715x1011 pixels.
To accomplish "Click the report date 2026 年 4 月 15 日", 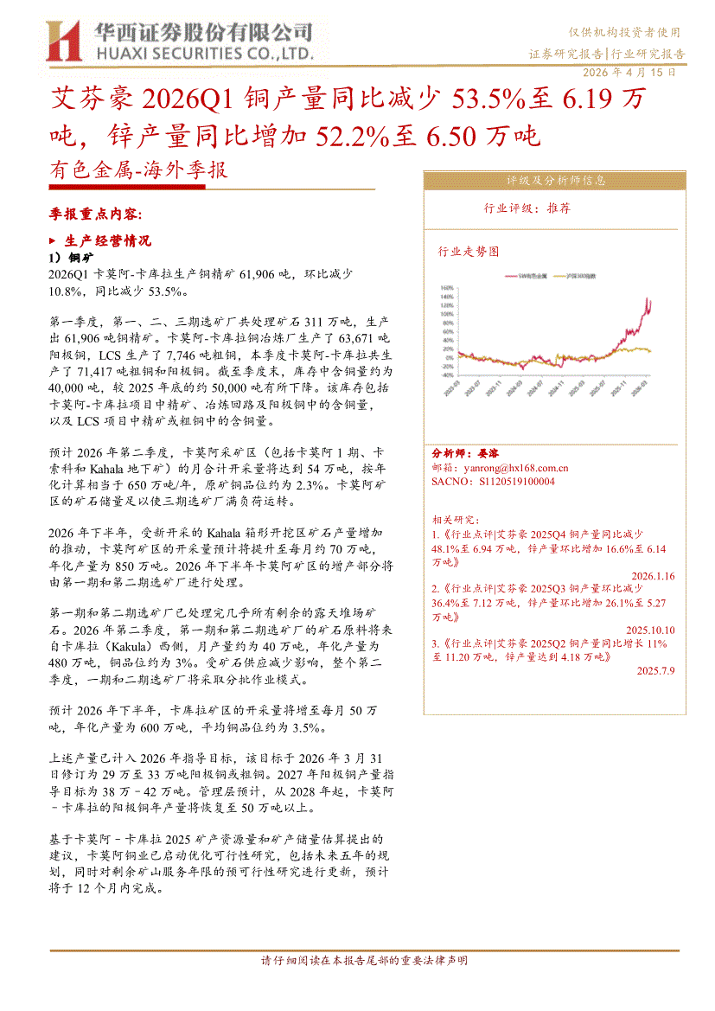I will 630,73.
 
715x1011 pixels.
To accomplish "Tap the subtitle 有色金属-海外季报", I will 139,171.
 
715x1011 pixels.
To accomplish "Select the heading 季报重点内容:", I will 96,213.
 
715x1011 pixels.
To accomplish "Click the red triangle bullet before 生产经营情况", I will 53,240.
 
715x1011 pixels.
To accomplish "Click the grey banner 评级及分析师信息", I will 556,181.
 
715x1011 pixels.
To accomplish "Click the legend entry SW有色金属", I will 533,275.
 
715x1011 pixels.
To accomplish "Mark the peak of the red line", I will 649,299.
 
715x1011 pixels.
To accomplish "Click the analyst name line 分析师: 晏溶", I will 464,453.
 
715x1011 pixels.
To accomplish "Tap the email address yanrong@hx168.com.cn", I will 499,467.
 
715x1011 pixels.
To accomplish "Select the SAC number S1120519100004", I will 492,481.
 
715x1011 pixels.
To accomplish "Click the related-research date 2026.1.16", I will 653,575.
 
